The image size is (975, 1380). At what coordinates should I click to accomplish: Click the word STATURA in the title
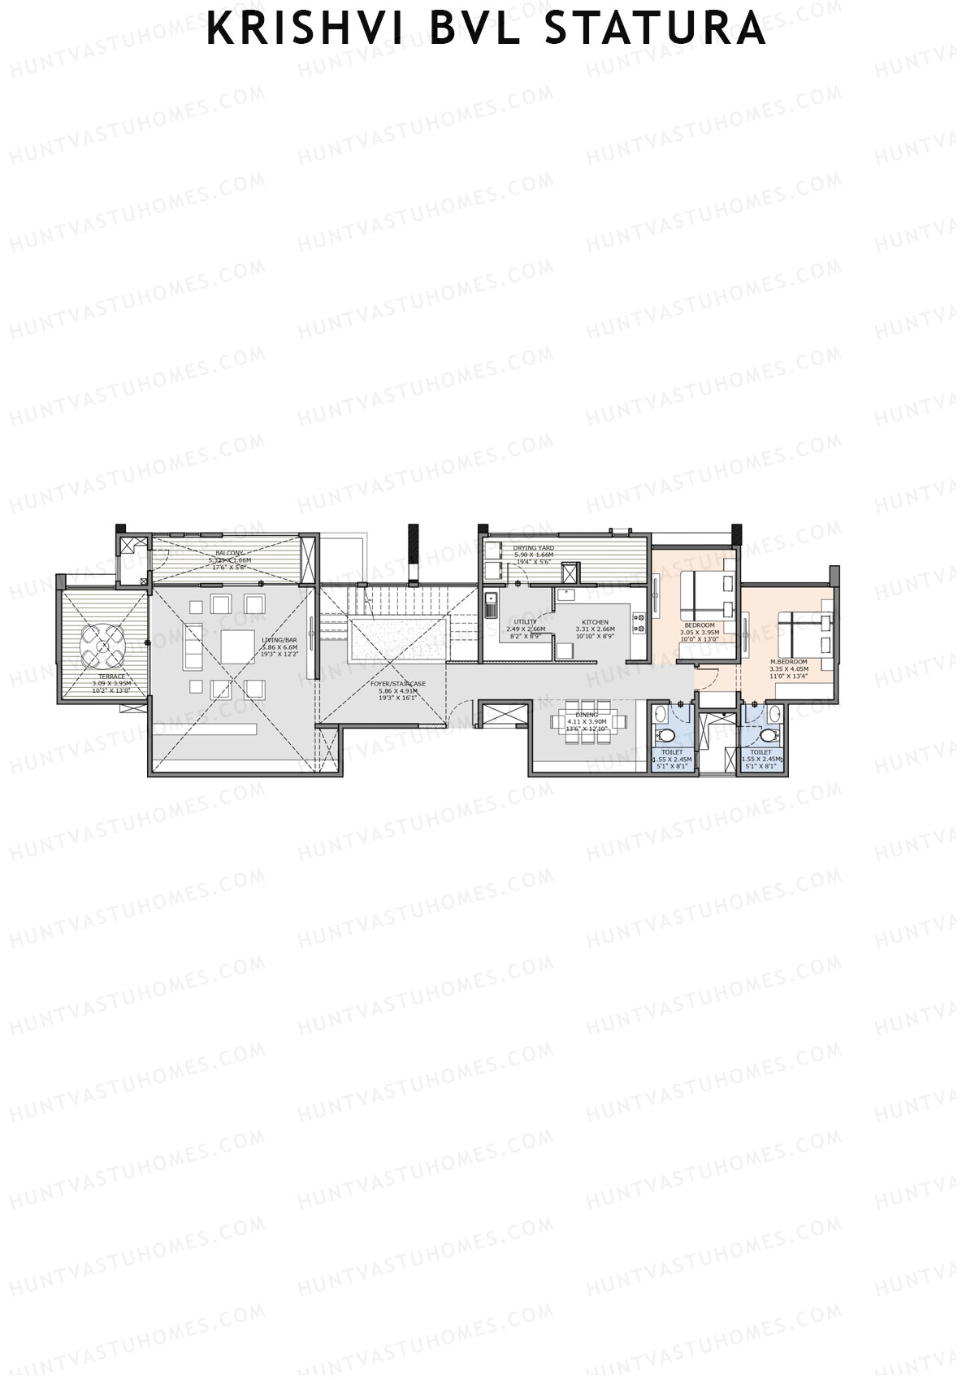coord(654,28)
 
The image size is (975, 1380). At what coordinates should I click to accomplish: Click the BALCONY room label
coord(229,553)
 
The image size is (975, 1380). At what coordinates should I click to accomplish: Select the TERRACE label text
coord(111,677)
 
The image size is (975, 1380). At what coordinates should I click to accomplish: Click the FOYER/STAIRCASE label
coord(397,684)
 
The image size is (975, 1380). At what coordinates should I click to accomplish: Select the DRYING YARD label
coord(533,548)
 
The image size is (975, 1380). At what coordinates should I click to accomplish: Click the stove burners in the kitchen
coord(639,622)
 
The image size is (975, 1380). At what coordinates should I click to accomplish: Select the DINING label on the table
coord(586,715)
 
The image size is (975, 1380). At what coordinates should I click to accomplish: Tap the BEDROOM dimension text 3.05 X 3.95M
coord(699,632)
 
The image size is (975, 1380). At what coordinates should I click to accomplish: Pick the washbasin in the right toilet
coord(773,715)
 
